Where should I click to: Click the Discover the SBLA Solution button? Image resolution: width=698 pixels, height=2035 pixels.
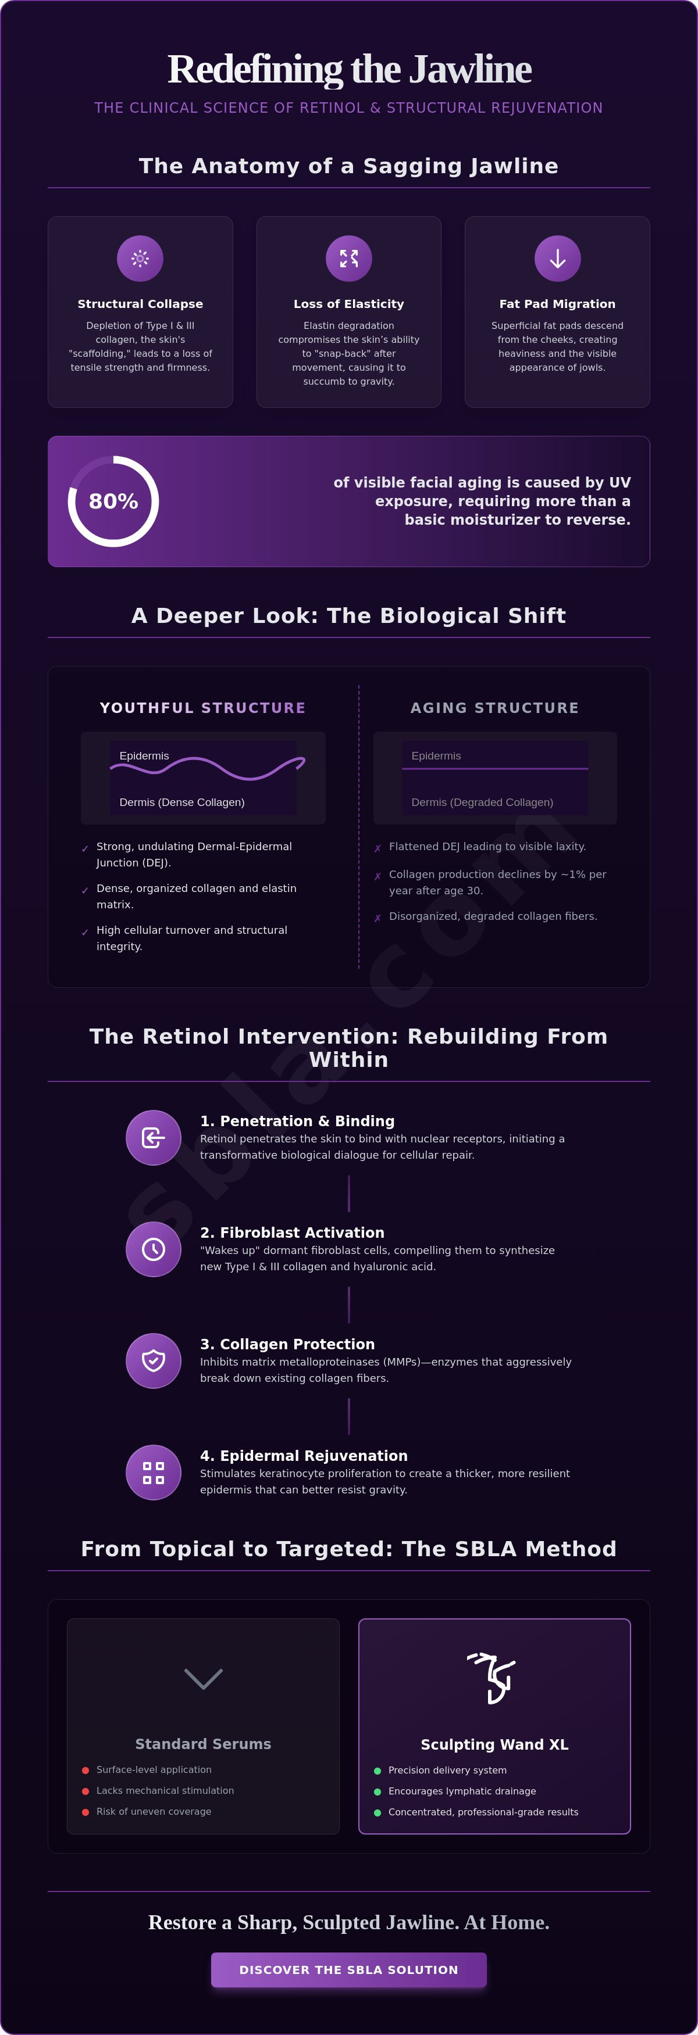[348, 1969]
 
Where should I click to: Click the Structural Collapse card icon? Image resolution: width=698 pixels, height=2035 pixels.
[140, 259]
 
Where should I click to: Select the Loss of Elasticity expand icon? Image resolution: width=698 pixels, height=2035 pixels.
[348, 259]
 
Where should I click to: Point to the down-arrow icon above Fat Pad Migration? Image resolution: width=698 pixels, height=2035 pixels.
[557, 259]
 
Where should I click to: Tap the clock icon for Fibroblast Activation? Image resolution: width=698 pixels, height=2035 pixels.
[154, 1248]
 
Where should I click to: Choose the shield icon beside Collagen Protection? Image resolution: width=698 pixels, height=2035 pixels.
[154, 1360]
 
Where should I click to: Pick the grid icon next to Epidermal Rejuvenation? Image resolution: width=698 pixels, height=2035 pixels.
[154, 1472]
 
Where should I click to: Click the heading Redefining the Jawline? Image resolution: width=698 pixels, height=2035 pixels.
[348, 69]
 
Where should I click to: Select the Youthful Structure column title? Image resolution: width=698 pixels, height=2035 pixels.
[202, 708]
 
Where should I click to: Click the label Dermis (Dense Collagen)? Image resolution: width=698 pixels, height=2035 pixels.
[182, 802]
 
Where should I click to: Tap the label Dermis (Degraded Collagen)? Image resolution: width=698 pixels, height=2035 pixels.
[482, 802]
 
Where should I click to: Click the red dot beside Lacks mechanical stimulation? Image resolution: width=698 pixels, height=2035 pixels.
[86, 1791]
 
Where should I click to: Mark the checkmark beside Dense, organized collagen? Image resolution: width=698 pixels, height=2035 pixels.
[84, 890]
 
